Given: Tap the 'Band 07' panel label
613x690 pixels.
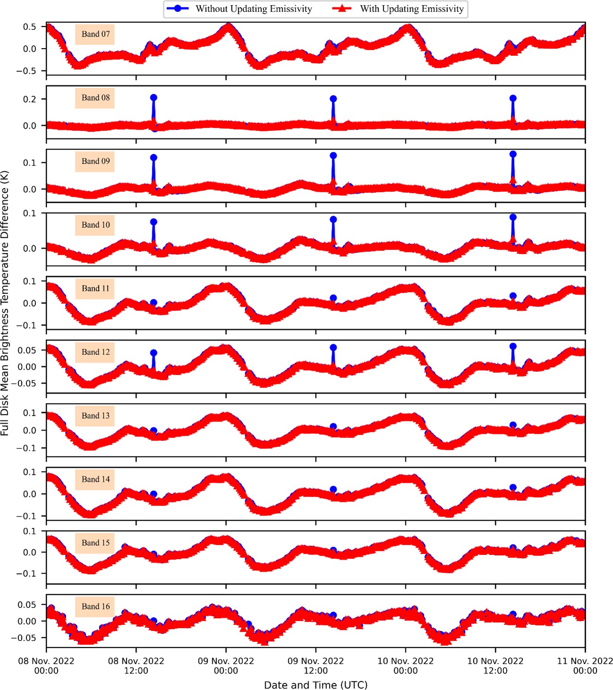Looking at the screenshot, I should click(x=95, y=34).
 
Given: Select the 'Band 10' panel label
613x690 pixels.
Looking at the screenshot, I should click(x=95, y=225).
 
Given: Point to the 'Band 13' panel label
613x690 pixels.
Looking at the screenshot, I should click(x=95, y=416).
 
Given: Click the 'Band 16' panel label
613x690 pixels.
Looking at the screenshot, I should click(x=95, y=606).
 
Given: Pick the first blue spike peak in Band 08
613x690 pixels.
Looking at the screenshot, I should click(x=154, y=98).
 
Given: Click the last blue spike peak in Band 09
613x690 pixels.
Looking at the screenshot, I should click(x=513, y=154).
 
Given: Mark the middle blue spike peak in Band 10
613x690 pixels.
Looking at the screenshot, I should click(x=333, y=220).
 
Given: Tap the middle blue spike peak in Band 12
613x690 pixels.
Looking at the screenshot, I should click(x=333, y=348).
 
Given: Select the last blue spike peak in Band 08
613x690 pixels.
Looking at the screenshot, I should click(x=513, y=98).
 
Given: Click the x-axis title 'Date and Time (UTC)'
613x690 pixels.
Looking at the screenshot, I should click(x=316, y=685).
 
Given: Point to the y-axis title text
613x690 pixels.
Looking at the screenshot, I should click(x=5, y=302).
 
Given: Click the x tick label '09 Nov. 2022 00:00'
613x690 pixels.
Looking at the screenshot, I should click(x=226, y=665).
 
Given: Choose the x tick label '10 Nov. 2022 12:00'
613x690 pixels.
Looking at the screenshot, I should click(x=495, y=665).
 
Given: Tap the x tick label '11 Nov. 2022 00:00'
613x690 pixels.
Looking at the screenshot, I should click(x=585, y=665).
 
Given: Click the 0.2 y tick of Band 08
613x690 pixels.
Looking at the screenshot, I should click(x=29, y=99).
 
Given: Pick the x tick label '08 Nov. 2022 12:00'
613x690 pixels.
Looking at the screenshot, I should click(x=136, y=665).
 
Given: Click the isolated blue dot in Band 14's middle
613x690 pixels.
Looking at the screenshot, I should click(x=333, y=490).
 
